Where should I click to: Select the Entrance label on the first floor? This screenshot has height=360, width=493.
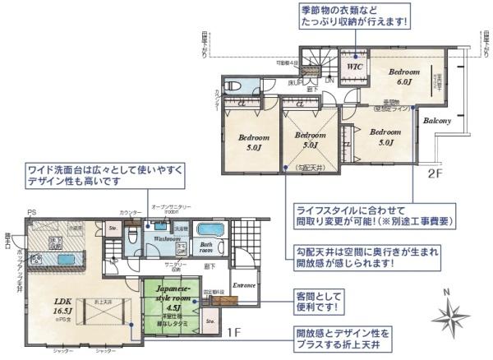[x=245, y=286]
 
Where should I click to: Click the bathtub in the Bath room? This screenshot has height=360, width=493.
[x=212, y=229]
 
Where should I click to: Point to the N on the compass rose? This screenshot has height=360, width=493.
[x=445, y=291]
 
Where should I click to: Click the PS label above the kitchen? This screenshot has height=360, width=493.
[x=31, y=213]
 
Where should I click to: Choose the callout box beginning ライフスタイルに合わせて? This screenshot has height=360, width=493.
[x=374, y=216]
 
